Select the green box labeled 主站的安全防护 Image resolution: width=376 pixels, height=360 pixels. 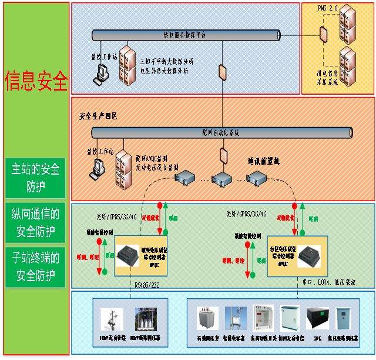(x=35, y=179)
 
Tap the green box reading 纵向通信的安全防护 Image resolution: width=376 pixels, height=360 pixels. (x=35, y=223)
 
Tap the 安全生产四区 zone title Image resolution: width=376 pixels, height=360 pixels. (x=98, y=116)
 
